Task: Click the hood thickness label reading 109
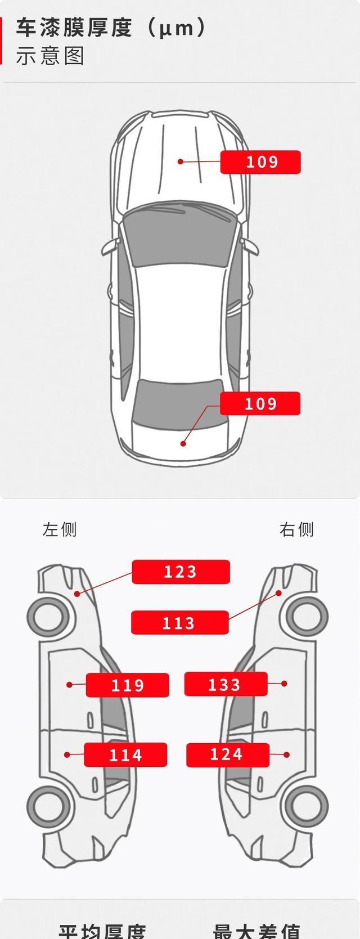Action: (260, 162)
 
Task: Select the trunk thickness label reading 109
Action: (260, 403)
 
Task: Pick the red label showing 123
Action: (181, 572)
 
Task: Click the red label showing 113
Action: (179, 623)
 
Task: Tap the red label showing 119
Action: (127, 685)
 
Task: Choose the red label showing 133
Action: (226, 684)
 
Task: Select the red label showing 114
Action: (125, 754)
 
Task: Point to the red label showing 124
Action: (227, 754)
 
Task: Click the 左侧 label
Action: (59, 529)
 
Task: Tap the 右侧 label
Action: (296, 529)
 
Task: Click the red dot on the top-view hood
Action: (181, 161)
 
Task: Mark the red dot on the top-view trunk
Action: (183, 443)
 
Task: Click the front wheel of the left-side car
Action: (49, 616)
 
